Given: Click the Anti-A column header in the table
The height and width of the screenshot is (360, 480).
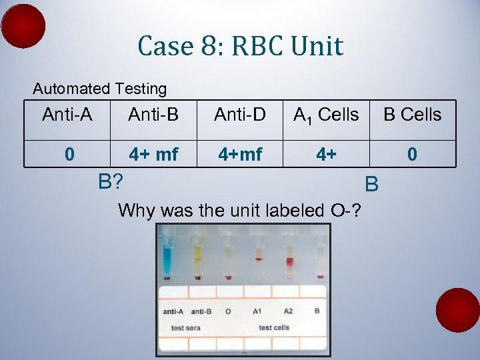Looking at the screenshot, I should point(67,115).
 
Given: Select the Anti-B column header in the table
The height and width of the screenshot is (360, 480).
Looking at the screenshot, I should point(153,115).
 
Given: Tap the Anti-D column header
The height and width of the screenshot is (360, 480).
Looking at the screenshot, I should point(239,115).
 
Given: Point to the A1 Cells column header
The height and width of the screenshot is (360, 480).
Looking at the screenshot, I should point(326,115).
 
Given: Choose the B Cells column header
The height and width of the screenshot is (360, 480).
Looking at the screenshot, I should point(412,115).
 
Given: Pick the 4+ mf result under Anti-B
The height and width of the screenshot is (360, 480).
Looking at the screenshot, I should point(153,155).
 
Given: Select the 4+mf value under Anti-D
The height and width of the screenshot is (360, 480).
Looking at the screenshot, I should point(239,155).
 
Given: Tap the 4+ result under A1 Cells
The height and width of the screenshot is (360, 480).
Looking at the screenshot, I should point(326,155).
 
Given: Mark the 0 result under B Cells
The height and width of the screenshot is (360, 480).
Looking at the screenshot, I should point(412,155).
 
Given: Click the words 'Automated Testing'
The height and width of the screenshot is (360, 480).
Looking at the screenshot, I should point(100,89).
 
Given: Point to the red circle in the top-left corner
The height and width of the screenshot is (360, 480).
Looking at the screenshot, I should point(23,26).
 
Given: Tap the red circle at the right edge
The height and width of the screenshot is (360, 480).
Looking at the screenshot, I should point(457,310).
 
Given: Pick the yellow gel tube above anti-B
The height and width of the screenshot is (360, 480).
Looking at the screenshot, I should point(198,257).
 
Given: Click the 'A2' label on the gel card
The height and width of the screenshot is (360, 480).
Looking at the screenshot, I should point(287,311).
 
